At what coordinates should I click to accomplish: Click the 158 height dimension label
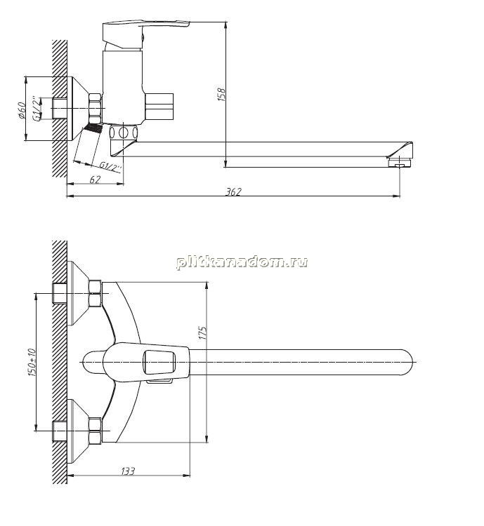tap(221, 95)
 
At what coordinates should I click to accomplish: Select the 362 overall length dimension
tap(233, 192)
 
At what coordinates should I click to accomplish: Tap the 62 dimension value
tap(95, 180)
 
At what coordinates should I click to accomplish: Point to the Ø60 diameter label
tap(21, 110)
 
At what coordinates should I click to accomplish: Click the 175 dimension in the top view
tap(203, 332)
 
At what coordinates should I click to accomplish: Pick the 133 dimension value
tap(128, 471)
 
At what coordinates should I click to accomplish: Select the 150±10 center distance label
tap(32, 363)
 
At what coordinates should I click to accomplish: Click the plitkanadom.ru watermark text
tap(242, 262)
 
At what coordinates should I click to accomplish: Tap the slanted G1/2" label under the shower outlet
tap(110, 167)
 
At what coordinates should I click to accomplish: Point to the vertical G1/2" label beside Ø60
tap(37, 108)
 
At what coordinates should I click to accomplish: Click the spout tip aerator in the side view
tap(400, 163)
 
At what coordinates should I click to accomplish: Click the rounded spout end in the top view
tap(405, 363)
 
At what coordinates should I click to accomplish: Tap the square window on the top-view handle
tap(159, 363)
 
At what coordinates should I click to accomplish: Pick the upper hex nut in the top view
tap(95, 294)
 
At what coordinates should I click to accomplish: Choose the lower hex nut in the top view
tap(95, 431)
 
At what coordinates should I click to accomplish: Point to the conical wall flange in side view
tap(77, 109)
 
